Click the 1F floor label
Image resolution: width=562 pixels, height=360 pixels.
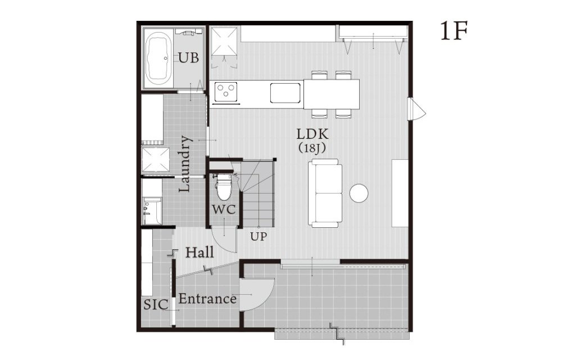[x=454, y=31]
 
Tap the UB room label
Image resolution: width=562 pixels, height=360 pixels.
[x=188, y=57]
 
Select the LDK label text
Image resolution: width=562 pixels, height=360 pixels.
[x=312, y=134]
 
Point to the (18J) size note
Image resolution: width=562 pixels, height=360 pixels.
[x=312, y=148]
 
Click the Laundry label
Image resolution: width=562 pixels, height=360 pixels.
[x=185, y=164]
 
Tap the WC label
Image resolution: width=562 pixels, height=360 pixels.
[x=224, y=209]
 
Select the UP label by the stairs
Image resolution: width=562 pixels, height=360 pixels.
[x=259, y=237]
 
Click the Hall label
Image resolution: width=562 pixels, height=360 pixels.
[x=200, y=253]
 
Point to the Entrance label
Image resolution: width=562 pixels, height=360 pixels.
[x=207, y=299]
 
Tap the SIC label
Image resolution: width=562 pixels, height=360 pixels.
[x=156, y=305]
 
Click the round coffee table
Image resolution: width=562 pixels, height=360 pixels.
[x=359, y=193]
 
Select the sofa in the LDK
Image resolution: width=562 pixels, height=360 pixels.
[x=325, y=193]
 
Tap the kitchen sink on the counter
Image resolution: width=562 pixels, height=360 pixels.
[x=285, y=92]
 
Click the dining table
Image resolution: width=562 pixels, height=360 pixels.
[x=332, y=94]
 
